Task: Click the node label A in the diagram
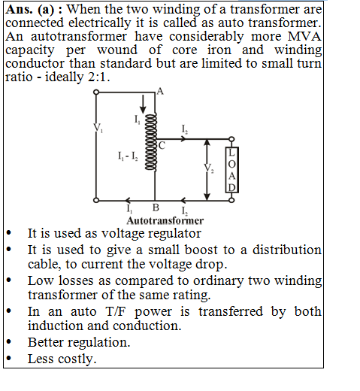pyautogui.click(x=160, y=91)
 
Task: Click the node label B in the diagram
pyautogui.click(x=156, y=208)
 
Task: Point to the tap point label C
pyautogui.click(x=162, y=145)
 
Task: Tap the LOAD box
pyautogui.click(x=232, y=170)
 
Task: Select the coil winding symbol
pyautogui.click(x=151, y=142)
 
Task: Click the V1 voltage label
pyautogui.click(x=98, y=128)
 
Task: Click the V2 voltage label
pyautogui.click(x=209, y=168)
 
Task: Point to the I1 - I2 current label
pyautogui.click(x=128, y=156)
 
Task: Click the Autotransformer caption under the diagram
pyautogui.click(x=165, y=221)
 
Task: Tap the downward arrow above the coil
pyautogui.click(x=143, y=104)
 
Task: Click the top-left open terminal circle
pyautogui.click(x=96, y=92)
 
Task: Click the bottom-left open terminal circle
pyautogui.click(x=96, y=200)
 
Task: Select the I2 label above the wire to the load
pyautogui.click(x=185, y=129)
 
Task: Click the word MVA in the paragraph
pyautogui.click(x=304, y=36)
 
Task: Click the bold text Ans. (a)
pyautogui.click(x=30, y=10)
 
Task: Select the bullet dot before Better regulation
pyautogui.click(x=9, y=341)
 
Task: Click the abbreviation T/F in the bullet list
pyautogui.click(x=116, y=311)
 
